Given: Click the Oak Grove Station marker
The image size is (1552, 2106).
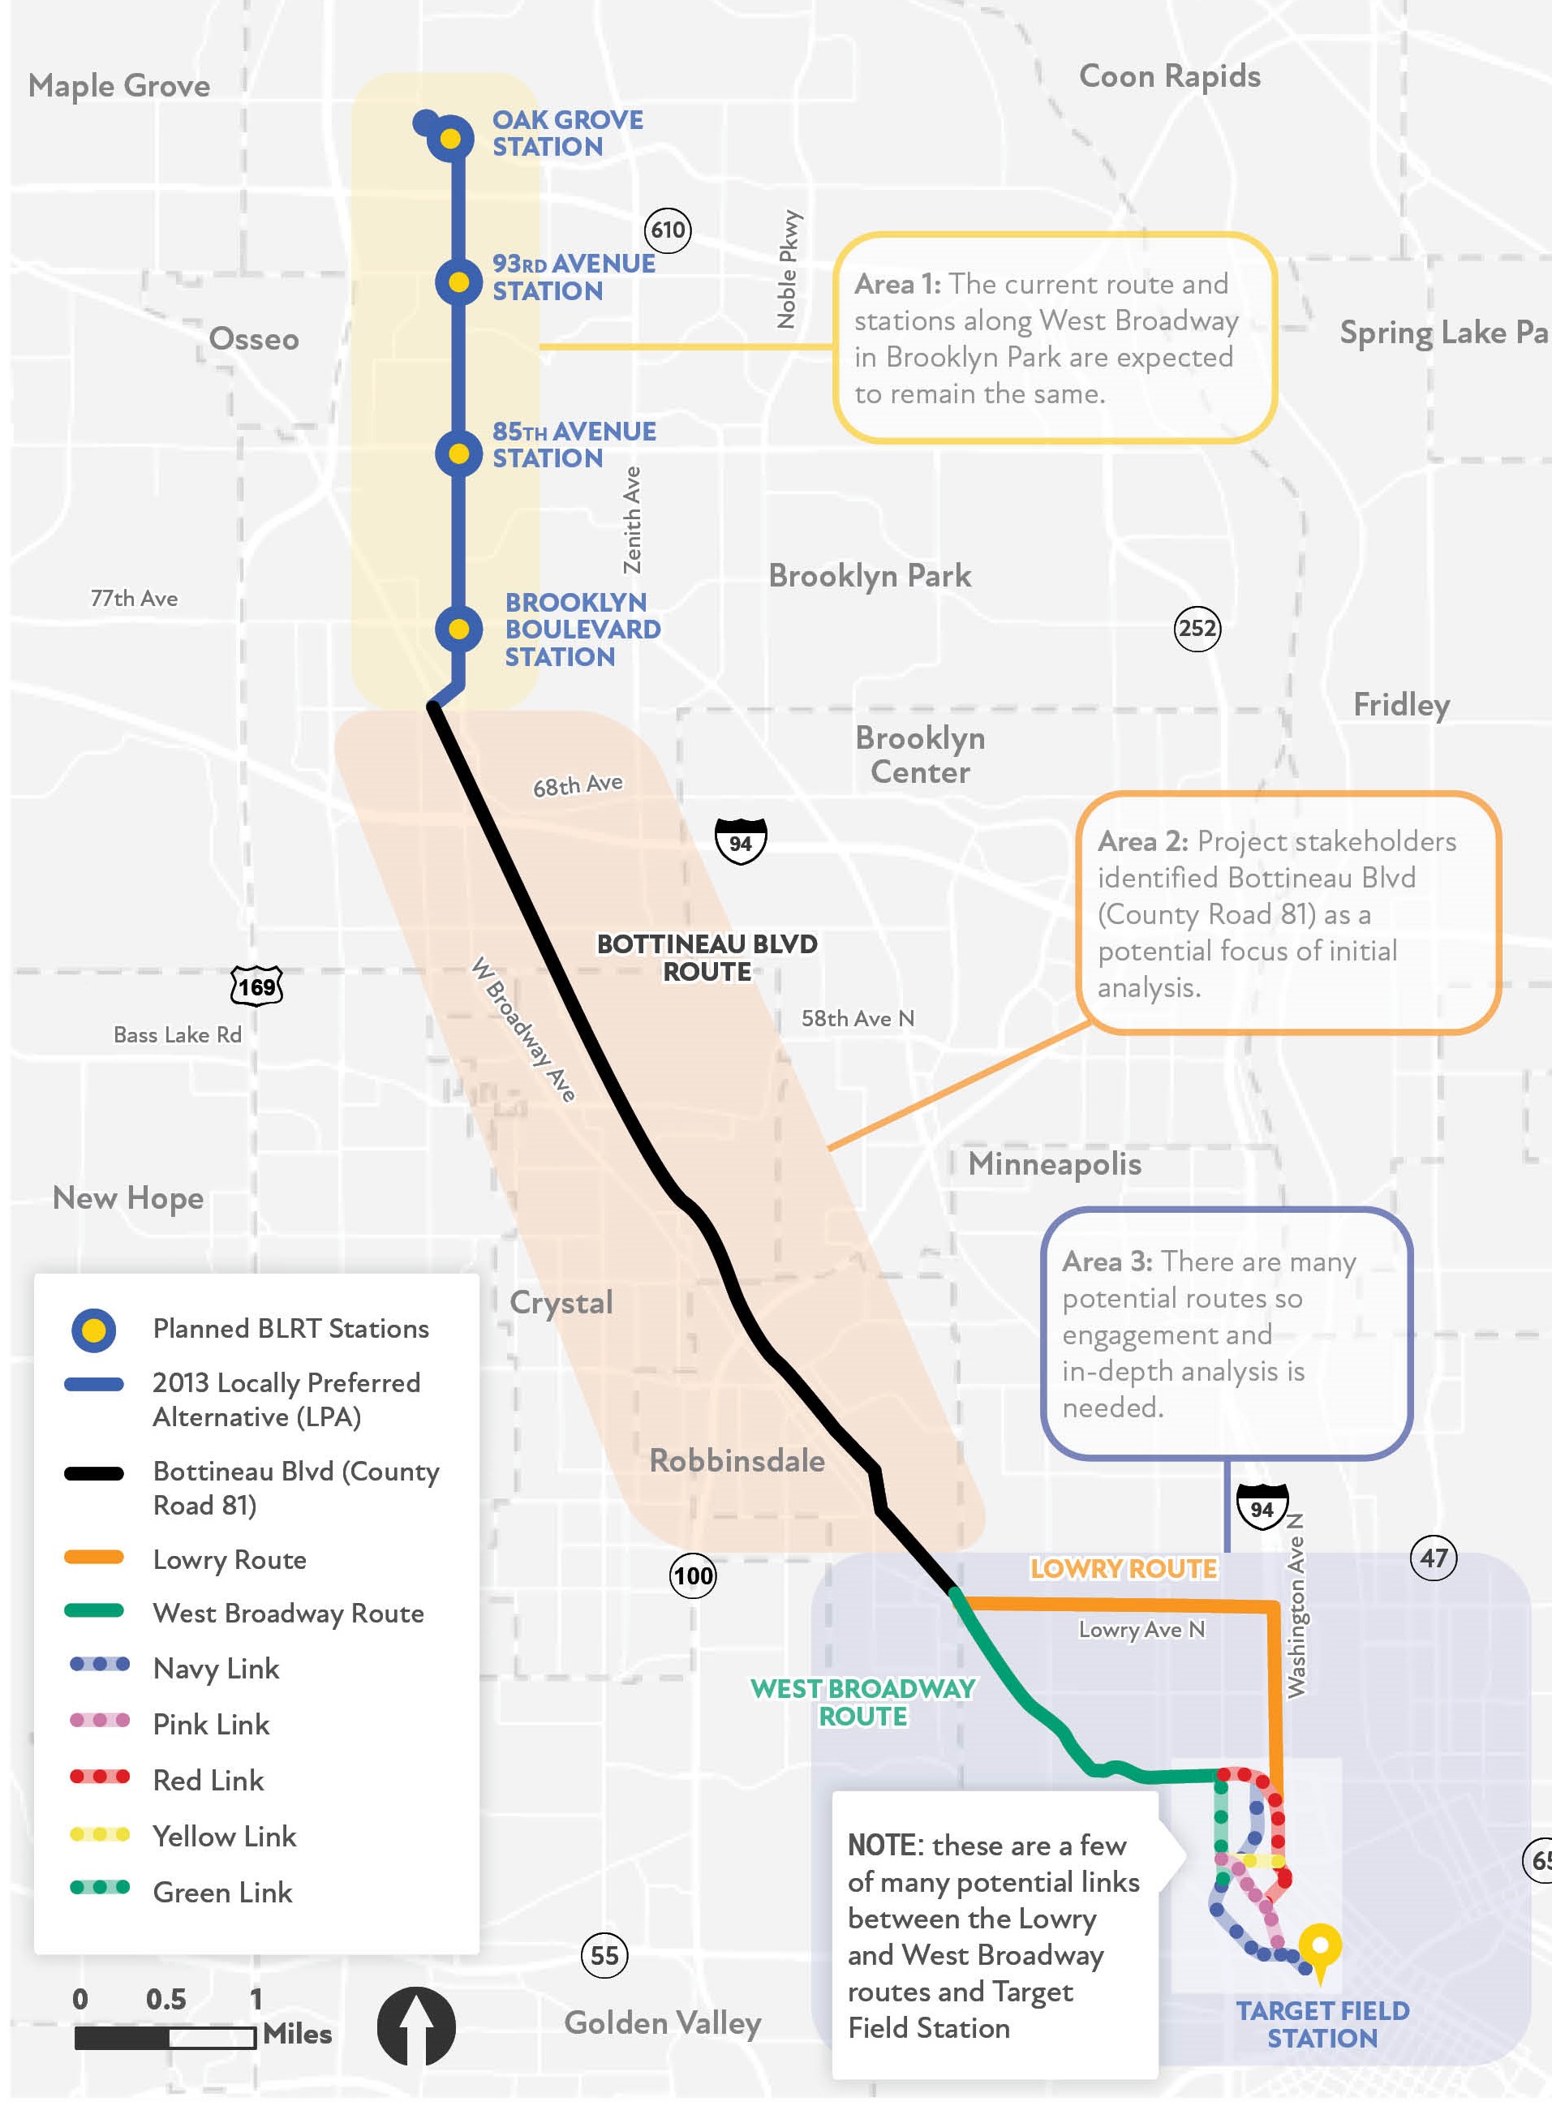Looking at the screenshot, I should coord(450,139).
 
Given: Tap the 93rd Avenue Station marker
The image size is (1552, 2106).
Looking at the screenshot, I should coord(458,282).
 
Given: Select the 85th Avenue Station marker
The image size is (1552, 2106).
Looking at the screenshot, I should coord(458,453).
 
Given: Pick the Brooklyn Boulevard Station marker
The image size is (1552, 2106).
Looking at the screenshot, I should coord(458,629).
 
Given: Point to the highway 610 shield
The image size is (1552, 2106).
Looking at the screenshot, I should coord(668,230).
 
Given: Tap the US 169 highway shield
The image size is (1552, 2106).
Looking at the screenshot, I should coord(256,986).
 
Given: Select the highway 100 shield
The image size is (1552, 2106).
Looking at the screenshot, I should coord(692,1575).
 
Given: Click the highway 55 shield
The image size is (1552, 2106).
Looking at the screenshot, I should coord(604,1956).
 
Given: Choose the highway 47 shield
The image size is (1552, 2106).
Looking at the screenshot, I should coord(1433,1558).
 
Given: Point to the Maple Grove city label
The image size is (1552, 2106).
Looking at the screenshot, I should coord(119,87).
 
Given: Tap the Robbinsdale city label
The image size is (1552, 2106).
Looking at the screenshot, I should coord(737,1461).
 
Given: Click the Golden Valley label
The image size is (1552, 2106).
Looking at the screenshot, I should coord(662,2022).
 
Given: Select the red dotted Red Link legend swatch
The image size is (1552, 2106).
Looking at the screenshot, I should coord(100,1777).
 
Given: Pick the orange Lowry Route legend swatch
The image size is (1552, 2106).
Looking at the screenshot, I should coord(94,1558).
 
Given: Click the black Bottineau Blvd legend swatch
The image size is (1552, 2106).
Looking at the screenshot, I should coord(94,1473).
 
